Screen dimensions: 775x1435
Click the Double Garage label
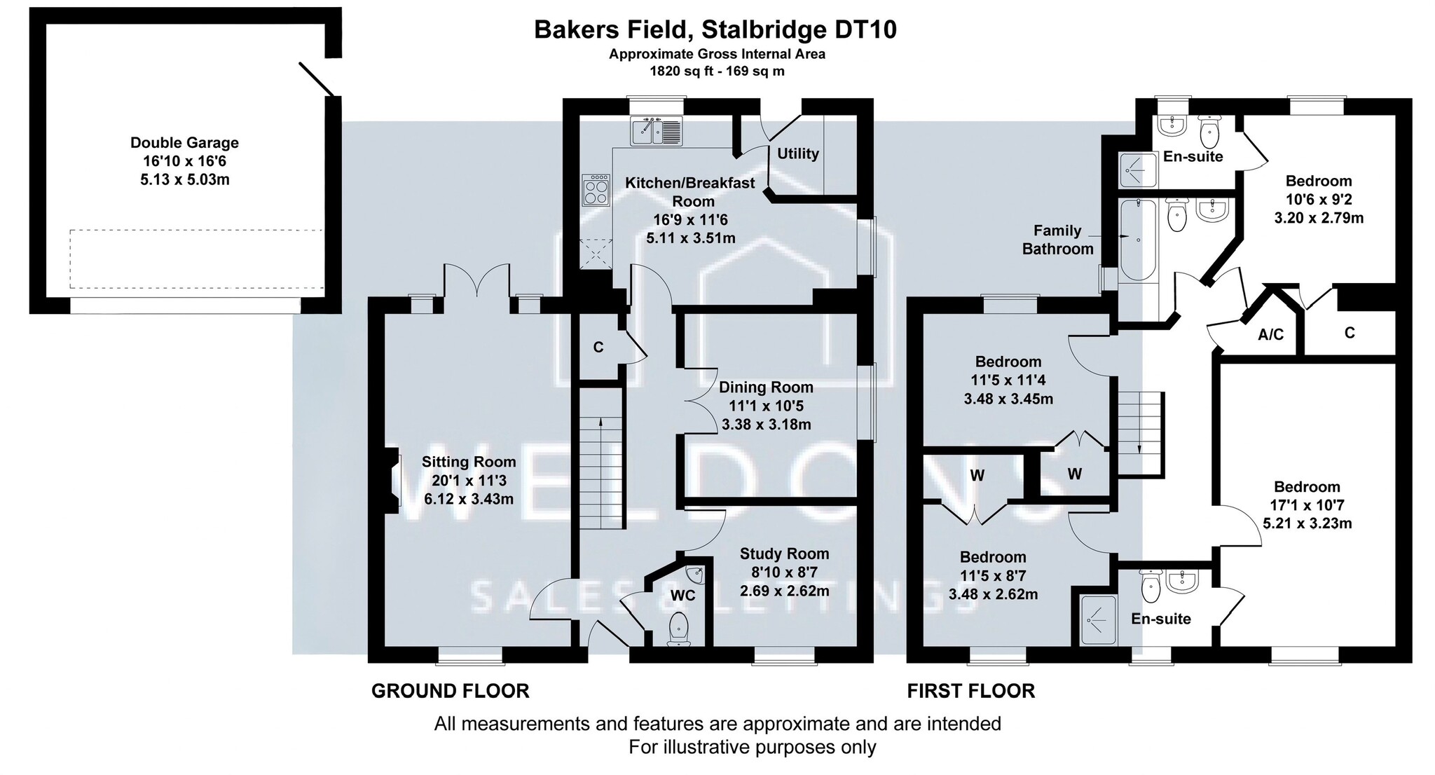point(184,143)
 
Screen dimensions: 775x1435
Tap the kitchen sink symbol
point(657,131)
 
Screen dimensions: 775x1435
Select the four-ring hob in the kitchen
point(596,189)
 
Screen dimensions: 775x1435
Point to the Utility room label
point(798,154)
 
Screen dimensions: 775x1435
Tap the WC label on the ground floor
point(683,596)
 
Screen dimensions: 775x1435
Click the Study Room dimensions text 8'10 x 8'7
point(784,572)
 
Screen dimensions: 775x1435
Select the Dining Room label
point(766,387)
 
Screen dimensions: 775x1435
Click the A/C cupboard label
point(1270,336)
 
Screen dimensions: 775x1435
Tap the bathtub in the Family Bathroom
point(1137,240)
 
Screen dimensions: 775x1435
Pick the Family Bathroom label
point(1057,240)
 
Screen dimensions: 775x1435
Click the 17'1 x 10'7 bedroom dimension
point(1307,505)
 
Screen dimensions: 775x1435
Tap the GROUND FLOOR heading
point(450,692)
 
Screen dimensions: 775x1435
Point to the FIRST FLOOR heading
point(970,692)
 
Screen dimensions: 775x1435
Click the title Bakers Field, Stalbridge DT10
point(715,30)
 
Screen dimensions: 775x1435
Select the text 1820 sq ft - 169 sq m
point(717,71)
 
